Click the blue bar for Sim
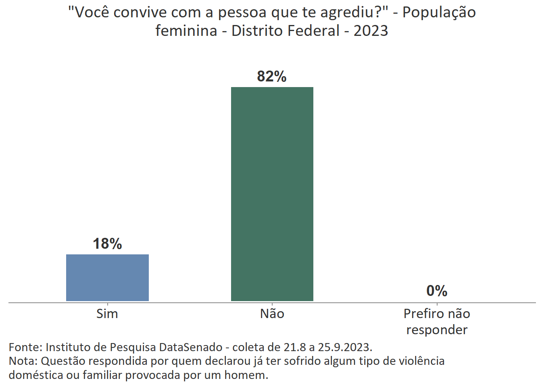tap(107, 277)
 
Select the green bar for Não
tap(272, 194)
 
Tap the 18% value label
tap(107, 244)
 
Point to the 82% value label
tap(272, 77)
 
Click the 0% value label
tap(437, 291)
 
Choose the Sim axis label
tap(107, 314)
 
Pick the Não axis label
tap(272, 314)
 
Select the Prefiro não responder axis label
tap(437, 322)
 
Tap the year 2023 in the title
tap(371, 31)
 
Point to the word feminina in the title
tap(186, 31)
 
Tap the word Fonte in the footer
tap(25, 347)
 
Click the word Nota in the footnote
tap(23, 361)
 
